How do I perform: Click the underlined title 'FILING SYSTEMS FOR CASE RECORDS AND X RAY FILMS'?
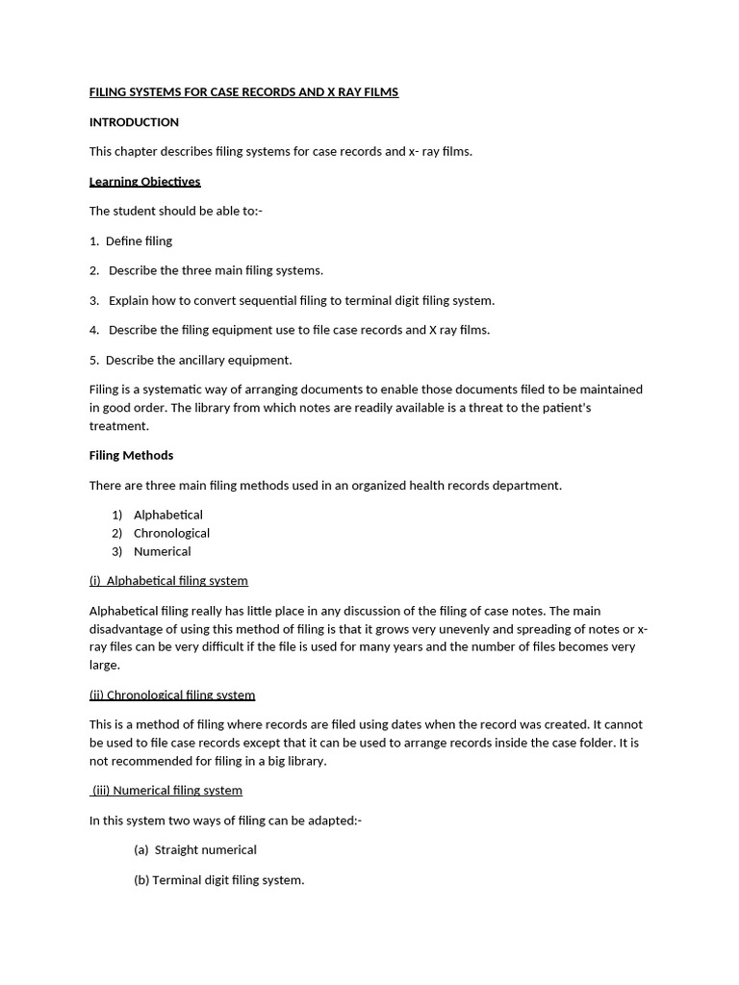point(243,92)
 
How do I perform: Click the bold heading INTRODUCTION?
point(134,122)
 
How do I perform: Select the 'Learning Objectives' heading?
point(144,182)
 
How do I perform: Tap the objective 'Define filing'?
point(139,241)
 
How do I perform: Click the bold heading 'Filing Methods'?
point(131,456)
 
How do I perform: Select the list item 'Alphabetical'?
point(167,516)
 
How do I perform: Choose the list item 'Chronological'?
point(171,534)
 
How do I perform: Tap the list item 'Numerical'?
point(162,552)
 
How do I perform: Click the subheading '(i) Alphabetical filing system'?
point(168,581)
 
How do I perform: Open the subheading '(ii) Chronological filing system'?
point(172,695)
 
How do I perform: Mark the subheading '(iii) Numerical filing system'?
point(166,791)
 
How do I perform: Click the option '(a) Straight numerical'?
point(195,850)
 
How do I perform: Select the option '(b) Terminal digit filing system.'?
point(218,880)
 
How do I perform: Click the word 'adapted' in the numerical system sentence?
point(331,821)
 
